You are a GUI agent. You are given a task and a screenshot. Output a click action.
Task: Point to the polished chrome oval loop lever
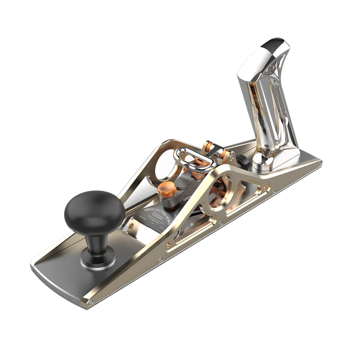pos(193,160)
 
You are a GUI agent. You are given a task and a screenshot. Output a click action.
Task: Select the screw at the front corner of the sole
pos(90,302)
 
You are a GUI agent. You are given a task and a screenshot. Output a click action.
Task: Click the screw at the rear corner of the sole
pos(320,163)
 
